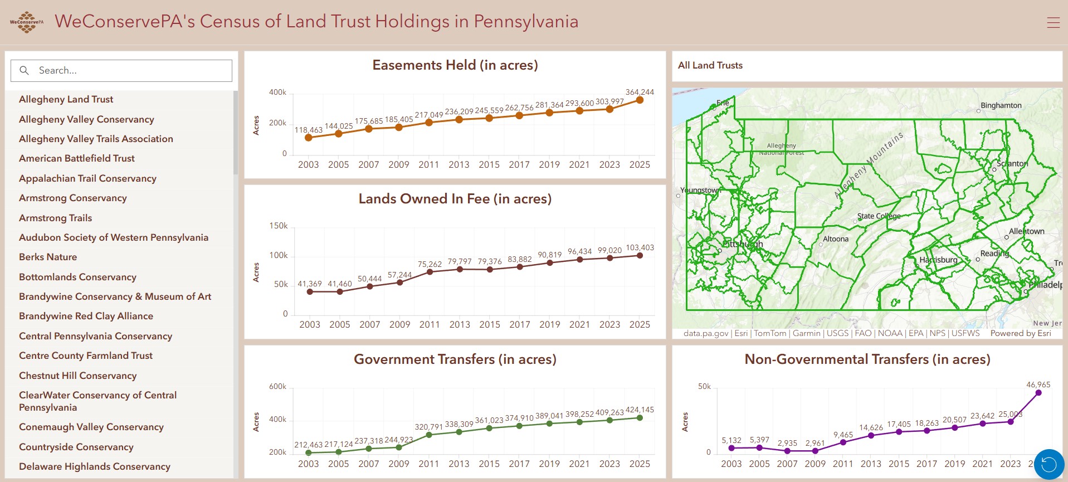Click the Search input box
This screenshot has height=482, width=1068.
[x=121, y=71]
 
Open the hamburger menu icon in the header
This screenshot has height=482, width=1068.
[x=1053, y=22]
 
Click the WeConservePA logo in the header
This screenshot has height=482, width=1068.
[x=26, y=22]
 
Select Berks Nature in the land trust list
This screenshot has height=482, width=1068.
[x=48, y=257]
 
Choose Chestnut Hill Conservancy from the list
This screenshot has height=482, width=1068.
[x=77, y=376]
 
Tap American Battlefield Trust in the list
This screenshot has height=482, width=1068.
[x=77, y=158]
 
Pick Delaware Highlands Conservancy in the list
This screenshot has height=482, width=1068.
[x=95, y=466]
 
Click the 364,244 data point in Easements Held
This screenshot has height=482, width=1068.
[x=640, y=100]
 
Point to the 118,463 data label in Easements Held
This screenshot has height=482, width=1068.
[x=308, y=130]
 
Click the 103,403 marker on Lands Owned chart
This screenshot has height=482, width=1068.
[x=640, y=256]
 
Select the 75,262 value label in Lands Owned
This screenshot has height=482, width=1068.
[x=430, y=264]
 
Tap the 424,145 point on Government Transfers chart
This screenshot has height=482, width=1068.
[x=640, y=418]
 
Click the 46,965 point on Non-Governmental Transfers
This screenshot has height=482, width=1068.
[x=1038, y=393]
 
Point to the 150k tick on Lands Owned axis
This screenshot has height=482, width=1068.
[x=279, y=226]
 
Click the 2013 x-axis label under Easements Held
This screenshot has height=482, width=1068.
[x=459, y=164]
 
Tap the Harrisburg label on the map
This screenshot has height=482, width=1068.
[x=938, y=260]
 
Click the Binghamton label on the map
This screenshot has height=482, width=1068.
[x=1001, y=105]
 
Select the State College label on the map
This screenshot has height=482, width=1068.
[x=879, y=216]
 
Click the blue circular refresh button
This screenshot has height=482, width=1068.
[x=1049, y=464]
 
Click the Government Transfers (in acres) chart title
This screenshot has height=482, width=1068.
[x=455, y=359]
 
